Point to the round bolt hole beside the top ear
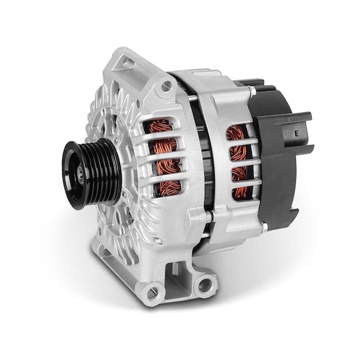click(x=166, y=87)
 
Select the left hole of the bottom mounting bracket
click(x=151, y=291)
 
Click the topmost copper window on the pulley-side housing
click(x=159, y=127)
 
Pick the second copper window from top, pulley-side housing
click(x=163, y=147)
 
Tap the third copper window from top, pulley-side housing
click(x=167, y=167)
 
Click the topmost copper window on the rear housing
click(x=236, y=133)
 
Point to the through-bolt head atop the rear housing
click(x=251, y=91)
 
